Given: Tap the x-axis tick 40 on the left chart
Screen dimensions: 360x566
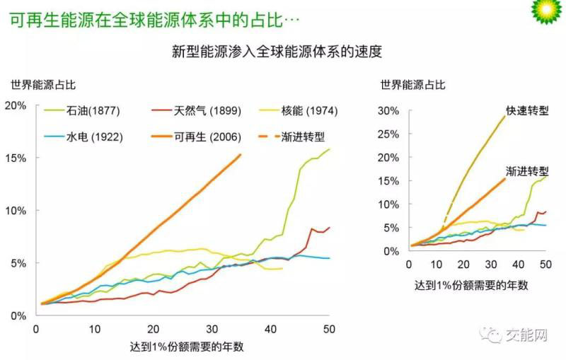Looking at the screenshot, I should coord(270,329).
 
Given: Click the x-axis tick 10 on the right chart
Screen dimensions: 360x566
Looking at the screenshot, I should coord(436,265).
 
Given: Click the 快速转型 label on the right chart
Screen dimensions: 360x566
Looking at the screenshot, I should coord(528,111).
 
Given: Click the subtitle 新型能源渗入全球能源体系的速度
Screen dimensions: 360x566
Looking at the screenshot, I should coord(282,51).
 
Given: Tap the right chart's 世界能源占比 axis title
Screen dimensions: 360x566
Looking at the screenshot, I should coord(412,85).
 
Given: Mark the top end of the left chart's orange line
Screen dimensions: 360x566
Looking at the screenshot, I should coord(241,154).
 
